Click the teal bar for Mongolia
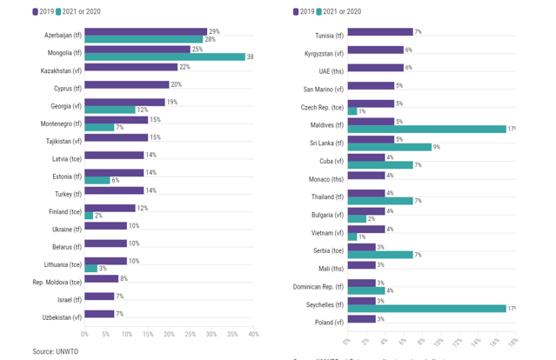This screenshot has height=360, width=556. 164,57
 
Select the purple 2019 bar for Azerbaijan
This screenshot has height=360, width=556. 145,31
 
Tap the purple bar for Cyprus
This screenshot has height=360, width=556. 126,84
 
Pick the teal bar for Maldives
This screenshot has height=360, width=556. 426,129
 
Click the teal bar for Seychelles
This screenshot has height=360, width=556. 426,308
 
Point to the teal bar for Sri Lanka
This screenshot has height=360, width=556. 389,147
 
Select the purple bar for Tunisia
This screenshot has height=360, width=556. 379,32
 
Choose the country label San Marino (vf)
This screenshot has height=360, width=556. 323,89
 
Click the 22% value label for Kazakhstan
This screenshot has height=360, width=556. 184,67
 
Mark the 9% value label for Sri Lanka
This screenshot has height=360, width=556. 437,147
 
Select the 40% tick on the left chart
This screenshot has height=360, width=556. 253,334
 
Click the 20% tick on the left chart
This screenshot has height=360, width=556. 169,334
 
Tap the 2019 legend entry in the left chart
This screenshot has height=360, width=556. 43,11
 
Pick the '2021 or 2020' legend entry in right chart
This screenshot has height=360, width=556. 339,11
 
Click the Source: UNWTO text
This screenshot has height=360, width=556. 56,351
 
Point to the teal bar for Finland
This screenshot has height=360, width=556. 89,216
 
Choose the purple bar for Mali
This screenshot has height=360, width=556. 360,264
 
